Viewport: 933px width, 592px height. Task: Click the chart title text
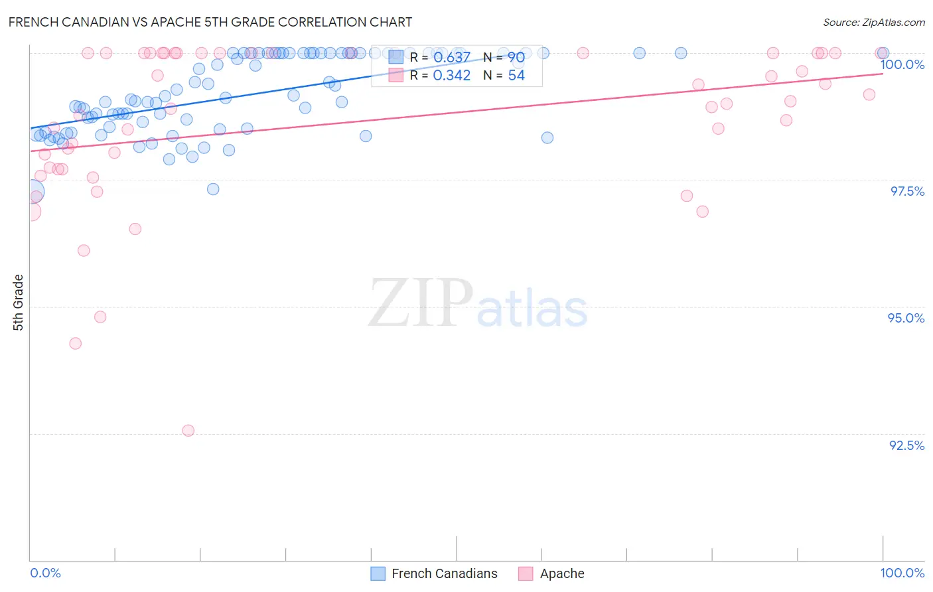[x=210, y=22]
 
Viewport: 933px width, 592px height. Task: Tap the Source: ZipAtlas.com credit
[x=873, y=22]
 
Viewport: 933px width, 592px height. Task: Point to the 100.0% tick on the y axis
[x=902, y=64]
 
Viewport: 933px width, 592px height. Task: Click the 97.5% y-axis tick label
[x=906, y=191]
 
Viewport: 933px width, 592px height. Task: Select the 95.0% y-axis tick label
[x=906, y=318]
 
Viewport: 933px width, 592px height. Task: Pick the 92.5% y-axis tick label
[x=906, y=445]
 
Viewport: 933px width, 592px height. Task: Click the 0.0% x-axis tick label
[x=45, y=573]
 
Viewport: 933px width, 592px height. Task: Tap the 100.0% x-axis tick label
[x=902, y=573]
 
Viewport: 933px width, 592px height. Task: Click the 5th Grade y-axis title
[x=18, y=303]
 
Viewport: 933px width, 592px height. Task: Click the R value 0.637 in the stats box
[x=451, y=58]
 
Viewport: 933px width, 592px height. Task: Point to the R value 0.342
[x=451, y=76]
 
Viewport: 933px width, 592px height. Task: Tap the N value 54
[x=516, y=76]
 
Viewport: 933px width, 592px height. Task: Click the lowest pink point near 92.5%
[x=188, y=431]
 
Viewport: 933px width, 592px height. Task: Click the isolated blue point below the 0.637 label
[x=547, y=138]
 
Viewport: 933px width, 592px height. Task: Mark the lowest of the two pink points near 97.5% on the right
[x=702, y=212]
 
